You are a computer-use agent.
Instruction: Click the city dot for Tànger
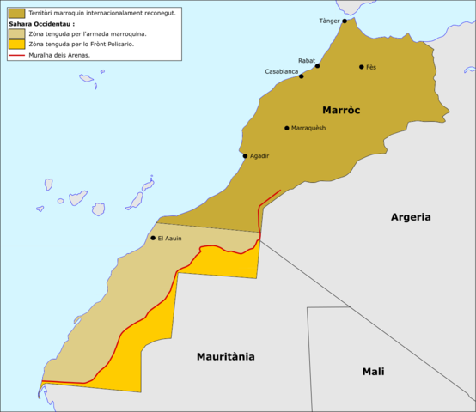(x=345, y=21)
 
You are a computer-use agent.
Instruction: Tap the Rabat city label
(x=307, y=60)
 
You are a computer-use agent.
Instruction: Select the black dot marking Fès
(x=362, y=66)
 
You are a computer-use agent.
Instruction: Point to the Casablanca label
(x=282, y=71)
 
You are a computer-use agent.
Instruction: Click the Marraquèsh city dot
(x=287, y=128)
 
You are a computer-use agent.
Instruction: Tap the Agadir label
(x=260, y=156)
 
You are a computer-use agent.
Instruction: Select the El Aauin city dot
(x=153, y=238)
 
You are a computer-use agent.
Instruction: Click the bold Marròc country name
(x=340, y=110)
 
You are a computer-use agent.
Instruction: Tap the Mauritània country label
(x=226, y=356)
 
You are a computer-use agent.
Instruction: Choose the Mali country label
(x=373, y=372)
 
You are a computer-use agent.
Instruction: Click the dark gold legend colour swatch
(x=15, y=13)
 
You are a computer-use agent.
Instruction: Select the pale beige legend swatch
(x=15, y=33)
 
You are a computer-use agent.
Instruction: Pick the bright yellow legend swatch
(x=15, y=44)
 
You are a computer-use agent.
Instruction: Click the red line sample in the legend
(x=15, y=54)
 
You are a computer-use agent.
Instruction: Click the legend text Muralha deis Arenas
(x=59, y=54)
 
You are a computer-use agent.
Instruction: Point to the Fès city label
(x=371, y=66)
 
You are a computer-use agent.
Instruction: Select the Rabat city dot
(x=317, y=65)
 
